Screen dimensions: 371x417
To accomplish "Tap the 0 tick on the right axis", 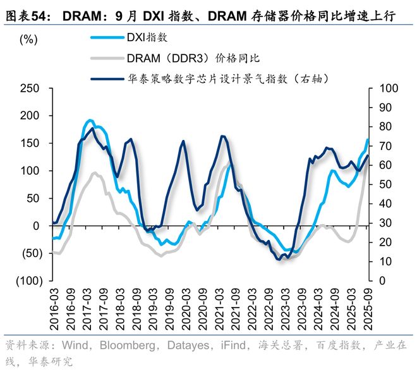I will pos(380,280).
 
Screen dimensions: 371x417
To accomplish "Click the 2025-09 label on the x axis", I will pos(367,306).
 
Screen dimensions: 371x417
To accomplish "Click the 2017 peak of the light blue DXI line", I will pos(90,120).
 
